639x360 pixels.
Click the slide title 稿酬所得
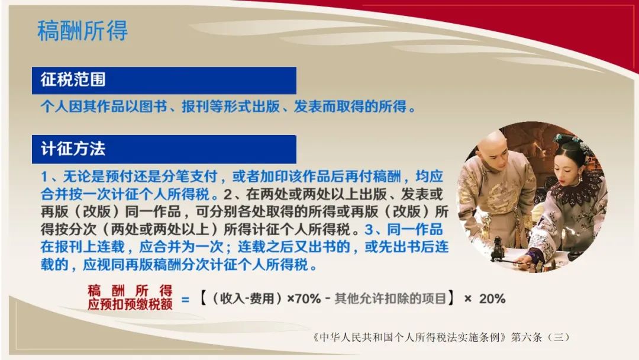[x=83, y=31]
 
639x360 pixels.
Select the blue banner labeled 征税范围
[x=164, y=81]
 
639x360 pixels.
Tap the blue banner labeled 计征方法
[x=164, y=149]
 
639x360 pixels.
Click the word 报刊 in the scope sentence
[x=196, y=107]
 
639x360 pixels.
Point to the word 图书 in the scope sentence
[x=153, y=107]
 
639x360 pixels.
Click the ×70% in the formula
[x=304, y=299]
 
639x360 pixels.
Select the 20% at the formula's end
[x=492, y=299]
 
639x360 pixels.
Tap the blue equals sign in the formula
[x=185, y=300]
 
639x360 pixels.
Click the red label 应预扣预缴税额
[x=130, y=304]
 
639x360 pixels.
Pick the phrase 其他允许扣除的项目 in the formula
[x=390, y=299]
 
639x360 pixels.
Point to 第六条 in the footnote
[x=527, y=337]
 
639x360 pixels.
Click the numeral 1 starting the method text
[x=44, y=176]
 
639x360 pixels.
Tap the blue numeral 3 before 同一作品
[x=369, y=230]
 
